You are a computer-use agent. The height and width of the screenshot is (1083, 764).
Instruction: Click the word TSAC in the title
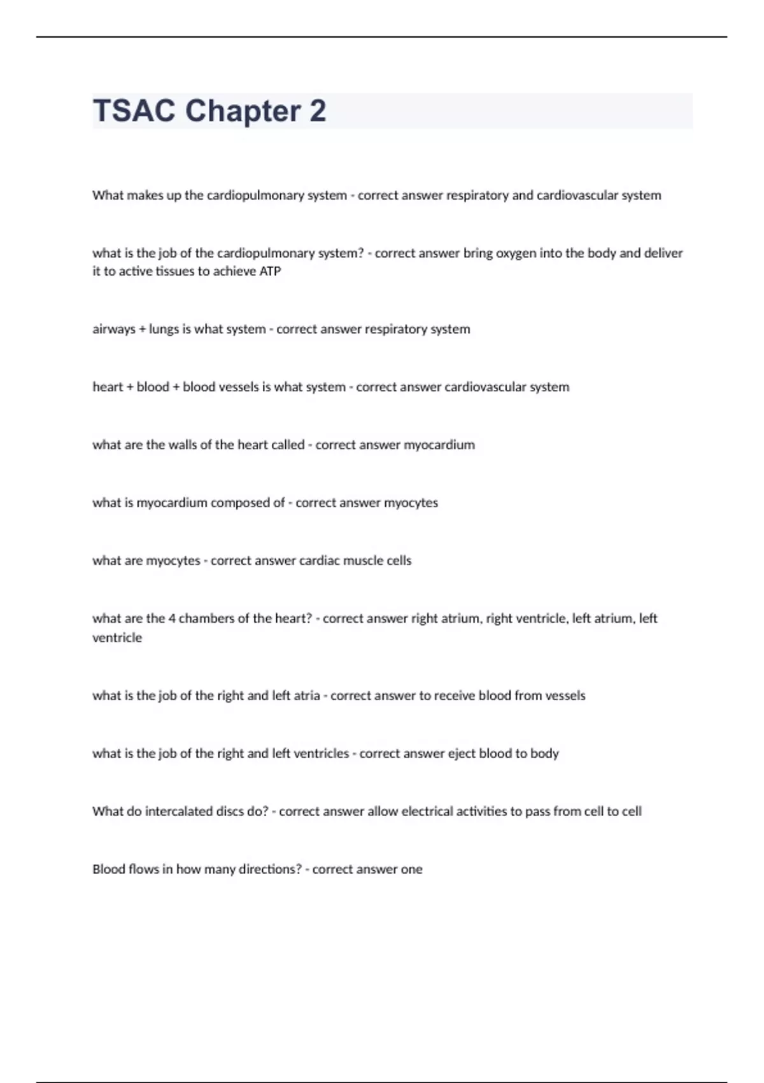point(134,111)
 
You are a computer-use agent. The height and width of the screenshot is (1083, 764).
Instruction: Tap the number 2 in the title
point(318,111)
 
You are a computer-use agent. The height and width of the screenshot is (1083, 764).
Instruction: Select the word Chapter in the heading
point(243,111)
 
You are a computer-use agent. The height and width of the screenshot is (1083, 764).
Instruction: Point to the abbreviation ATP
point(270,271)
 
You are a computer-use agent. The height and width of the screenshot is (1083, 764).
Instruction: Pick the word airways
point(114,329)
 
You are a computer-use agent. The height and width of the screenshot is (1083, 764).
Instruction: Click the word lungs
point(164,329)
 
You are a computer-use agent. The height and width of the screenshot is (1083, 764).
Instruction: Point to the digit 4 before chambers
point(172,619)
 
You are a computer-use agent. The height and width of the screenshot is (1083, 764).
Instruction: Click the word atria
point(307,696)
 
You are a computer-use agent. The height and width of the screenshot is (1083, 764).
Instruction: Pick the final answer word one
point(411,870)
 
